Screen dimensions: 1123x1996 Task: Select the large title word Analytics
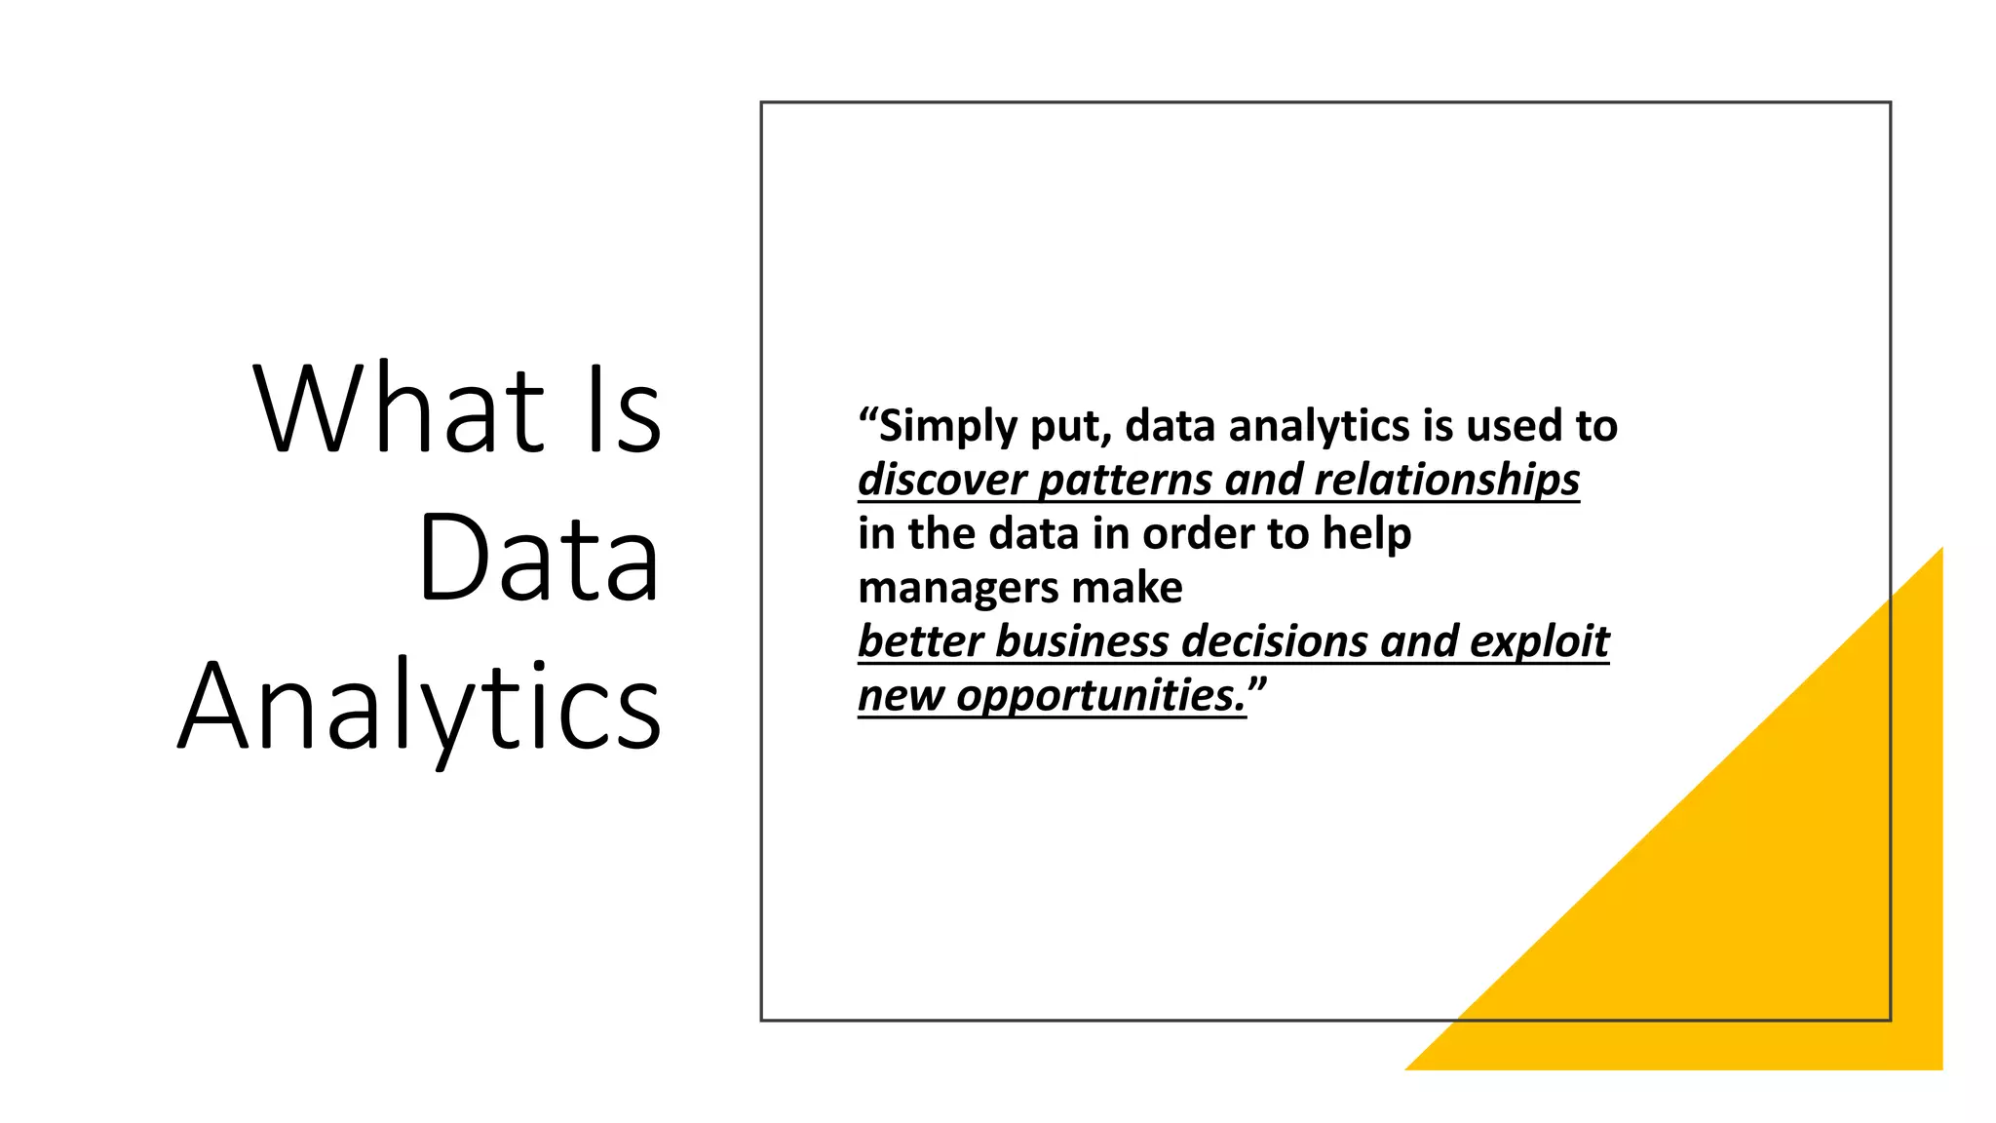point(420,707)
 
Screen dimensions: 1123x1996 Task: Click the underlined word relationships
point(1446,481)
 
